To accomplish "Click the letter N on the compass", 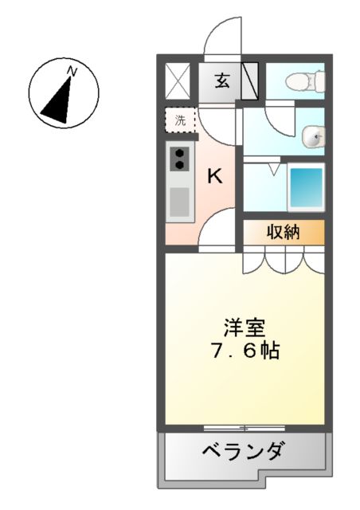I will [72, 73].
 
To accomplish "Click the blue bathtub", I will [305, 188].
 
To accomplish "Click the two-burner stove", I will [180, 159].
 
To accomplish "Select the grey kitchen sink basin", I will [180, 202].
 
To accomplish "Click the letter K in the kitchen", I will [215, 177].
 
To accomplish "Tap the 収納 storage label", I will [283, 233].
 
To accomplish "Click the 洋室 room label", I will [245, 327].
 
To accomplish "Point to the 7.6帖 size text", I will [245, 351].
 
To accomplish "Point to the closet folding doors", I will [284, 261].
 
